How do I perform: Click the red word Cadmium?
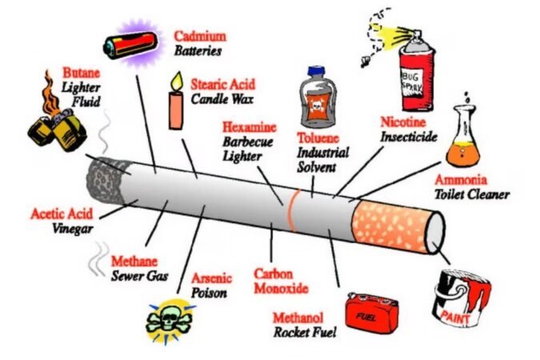click(x=199, y=36)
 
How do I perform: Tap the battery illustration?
click(x=131, y=41)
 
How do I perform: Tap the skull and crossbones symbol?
click(x=170, y=320)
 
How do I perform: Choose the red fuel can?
click(x=372, y=311)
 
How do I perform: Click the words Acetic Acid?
click(x=62, y=214)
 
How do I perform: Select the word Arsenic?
click(x=210, y=278)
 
